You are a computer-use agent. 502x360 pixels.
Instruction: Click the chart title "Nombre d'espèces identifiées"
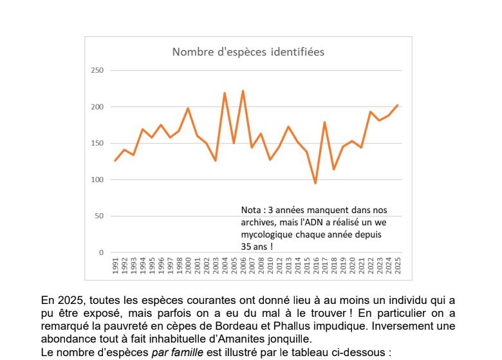[x=248, y=52]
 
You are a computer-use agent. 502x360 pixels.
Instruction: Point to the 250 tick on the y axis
[x=98, y=70]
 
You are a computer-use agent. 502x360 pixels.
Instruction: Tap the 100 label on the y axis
[x=98, y=180]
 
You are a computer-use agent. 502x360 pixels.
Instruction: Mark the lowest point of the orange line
[x=315, y=184]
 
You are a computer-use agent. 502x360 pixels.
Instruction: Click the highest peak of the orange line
[x=243, y=91]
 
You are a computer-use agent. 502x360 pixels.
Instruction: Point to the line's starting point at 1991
[x=116, y=160]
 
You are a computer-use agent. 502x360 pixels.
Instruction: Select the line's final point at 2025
[x=398, y=105]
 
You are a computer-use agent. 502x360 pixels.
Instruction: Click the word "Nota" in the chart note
[x=252, y=211]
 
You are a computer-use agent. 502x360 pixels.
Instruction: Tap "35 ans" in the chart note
[x=253, y=246]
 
